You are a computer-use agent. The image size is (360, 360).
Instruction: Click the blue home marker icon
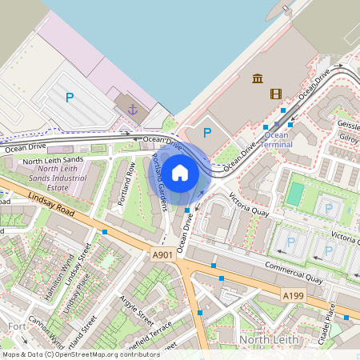point(180,173)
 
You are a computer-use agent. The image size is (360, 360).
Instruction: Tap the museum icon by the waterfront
point(258,78)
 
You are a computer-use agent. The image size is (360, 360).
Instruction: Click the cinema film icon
point(276,94)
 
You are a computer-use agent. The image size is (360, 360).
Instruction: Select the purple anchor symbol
point(131,106)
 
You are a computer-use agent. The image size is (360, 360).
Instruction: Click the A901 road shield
point(162,254)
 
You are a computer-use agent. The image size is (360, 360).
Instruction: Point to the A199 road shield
point(293,296)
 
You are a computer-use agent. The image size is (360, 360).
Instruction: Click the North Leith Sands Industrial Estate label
point(67,173)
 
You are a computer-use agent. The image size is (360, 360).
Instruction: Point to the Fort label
point(16,326)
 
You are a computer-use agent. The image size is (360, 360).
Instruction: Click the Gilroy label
point(349,138)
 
